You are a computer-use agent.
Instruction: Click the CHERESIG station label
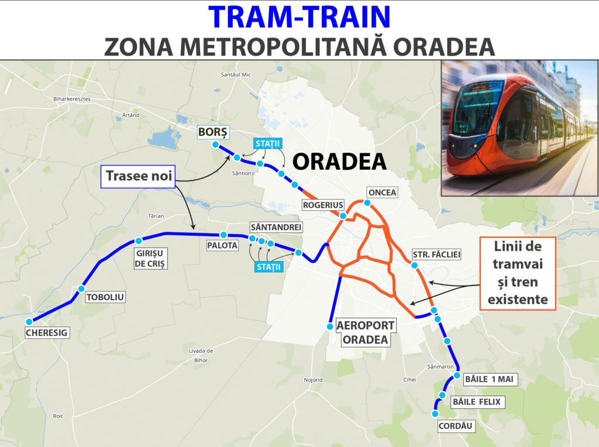pos(47,333)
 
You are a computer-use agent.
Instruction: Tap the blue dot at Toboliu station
pos(81,288)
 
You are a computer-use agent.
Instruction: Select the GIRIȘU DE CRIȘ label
pos(151,258)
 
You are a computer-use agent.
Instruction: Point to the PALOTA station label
pos(222,246)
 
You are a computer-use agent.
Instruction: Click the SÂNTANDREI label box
pos(267,226)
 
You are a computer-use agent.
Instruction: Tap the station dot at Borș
pos(216,145)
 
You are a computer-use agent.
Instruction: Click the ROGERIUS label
pos(320,205)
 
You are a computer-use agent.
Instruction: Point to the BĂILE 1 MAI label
pos(488,379)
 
